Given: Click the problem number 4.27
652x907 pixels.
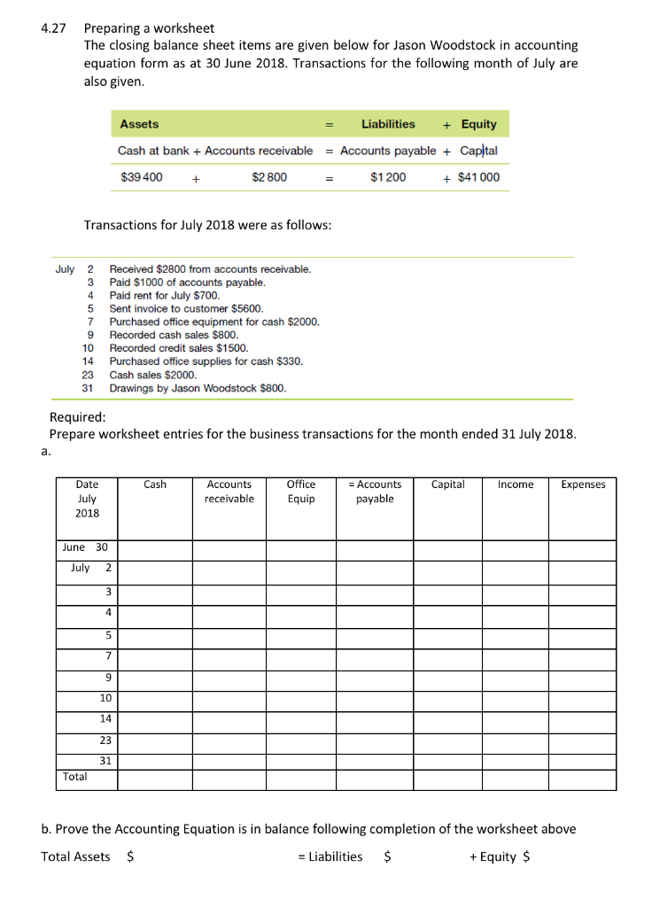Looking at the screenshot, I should (x=54, y=28).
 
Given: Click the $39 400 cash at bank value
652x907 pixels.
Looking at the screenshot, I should (x=141, y=177).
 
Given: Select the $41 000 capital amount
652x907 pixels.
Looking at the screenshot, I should (x=478, y=177).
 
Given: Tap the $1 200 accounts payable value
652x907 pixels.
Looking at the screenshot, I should (x=388, y=177).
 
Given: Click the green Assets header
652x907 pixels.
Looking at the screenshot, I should (x=139, y=124).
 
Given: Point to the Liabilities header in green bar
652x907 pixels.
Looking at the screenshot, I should (x=388, y=124).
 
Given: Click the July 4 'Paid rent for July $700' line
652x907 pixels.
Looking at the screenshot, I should (x=164, y=295).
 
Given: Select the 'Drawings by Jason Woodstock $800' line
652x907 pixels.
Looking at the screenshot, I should (x=198, y=388).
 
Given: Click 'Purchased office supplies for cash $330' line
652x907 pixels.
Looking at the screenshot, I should (x=206, y=361).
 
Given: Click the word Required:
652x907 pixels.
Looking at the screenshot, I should (x=78, y=417).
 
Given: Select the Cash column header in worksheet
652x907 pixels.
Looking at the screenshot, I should (x=155, y=485).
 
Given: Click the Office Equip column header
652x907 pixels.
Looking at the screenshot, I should (x=301, y=492).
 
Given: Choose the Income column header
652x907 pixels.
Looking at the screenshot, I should (x=516, y=485).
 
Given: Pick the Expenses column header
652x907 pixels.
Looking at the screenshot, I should (x=583, y=485).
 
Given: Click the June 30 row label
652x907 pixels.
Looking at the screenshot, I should (x=85, y=547).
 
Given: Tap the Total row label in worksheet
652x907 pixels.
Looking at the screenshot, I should (x=75, y=777).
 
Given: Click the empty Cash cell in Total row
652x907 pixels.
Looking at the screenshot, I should (x=155, y=779).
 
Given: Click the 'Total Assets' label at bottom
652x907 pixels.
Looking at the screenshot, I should (x=76, y=857).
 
